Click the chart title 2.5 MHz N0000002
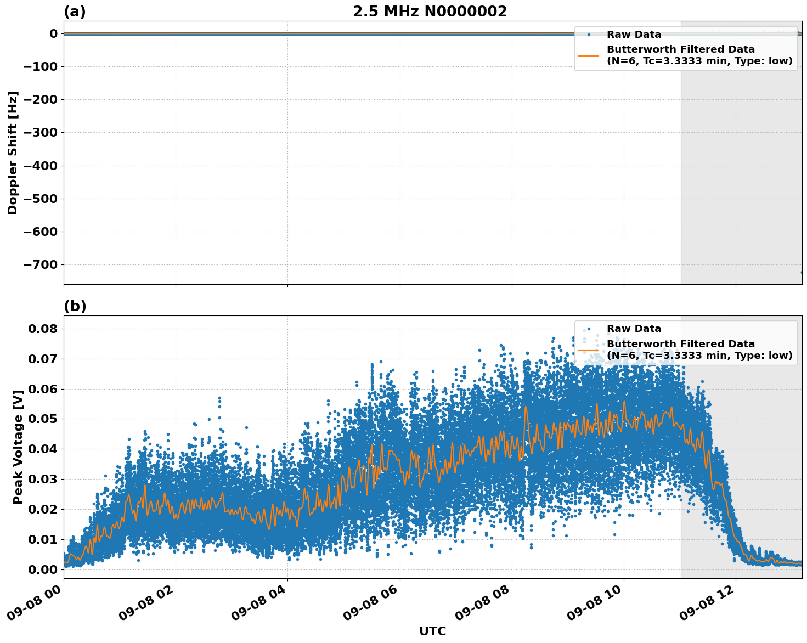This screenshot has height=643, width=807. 430,12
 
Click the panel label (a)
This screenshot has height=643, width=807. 75,12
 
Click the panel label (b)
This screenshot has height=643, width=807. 75,306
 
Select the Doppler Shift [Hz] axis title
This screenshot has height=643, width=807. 13,153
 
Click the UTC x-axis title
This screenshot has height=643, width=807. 432,631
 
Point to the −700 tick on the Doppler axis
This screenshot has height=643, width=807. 40,264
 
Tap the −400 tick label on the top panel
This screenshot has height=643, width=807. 40,166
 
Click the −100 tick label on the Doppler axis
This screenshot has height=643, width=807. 40,67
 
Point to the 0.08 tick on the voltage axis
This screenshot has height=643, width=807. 43,329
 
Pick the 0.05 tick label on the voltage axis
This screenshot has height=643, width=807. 43,419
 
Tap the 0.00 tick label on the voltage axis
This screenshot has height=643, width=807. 43,569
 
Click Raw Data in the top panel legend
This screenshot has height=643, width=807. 634,35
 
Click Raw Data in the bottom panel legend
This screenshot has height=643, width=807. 634,329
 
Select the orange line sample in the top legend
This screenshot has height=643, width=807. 588,55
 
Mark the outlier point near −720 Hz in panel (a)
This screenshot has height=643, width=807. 802,272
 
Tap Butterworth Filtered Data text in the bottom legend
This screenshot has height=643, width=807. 680,344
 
